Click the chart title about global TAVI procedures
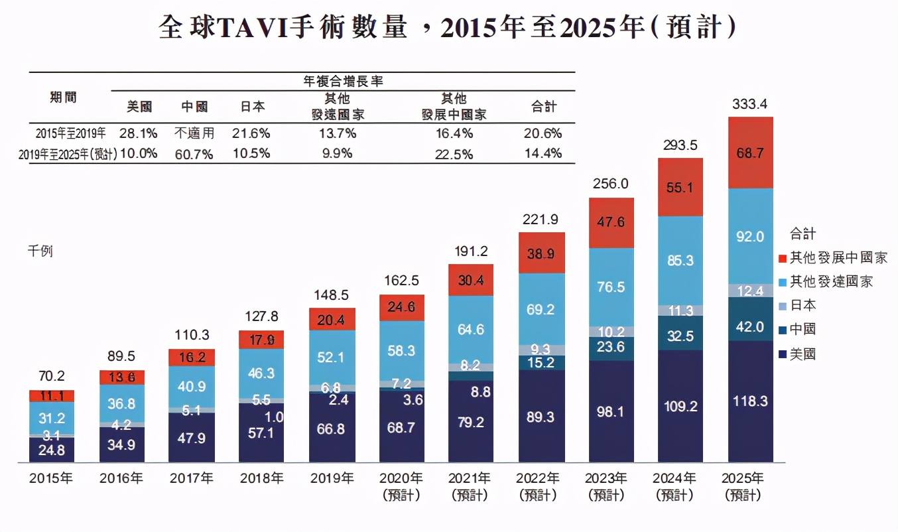[448, 28]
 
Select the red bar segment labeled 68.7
[750, 153]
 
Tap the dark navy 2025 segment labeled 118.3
[750, 401]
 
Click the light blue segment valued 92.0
[750, 236]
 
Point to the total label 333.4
[750, 104]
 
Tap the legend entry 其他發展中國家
[838, 258]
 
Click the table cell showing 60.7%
[194, 153]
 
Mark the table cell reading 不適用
[194, 133]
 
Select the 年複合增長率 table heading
[344, 82]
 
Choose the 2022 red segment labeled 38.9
[542, 253]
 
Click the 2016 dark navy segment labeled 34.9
[121, 444]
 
